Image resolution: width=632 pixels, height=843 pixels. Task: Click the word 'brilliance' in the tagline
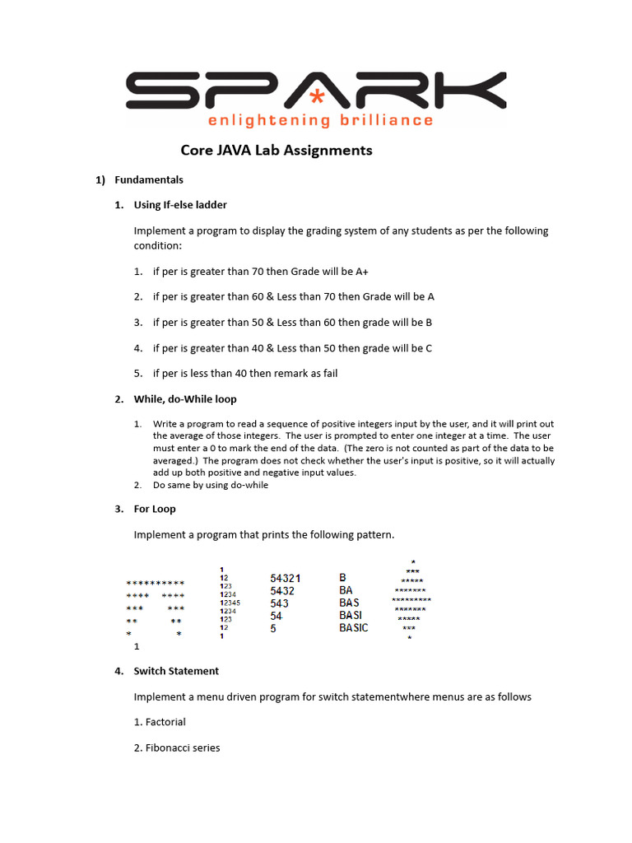tap(386, 120)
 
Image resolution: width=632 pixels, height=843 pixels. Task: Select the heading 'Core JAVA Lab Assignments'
tap(276, 151)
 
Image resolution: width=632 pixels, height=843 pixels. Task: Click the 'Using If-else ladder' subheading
tap(180, 205)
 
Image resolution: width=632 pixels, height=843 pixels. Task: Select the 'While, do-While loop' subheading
tap(185, 399)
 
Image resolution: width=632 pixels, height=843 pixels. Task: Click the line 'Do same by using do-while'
tap(211, 485)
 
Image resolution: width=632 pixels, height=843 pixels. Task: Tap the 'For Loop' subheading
tap(155, 509)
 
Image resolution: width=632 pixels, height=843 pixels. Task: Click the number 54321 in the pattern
tap(286, 578)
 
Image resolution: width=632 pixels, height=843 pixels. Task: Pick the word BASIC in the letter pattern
tap(354, 627)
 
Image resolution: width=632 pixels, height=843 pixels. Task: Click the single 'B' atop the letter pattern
tap(342, 578)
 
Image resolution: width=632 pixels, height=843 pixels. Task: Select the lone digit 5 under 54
tap(273, 628)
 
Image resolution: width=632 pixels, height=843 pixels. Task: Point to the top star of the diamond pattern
tap(412, 561)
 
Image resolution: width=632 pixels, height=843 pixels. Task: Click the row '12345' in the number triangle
tap(230, 603)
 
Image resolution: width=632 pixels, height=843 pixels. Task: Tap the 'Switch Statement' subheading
tap(176, 671)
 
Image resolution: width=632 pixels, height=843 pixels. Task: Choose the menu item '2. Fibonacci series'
tap(177, 748)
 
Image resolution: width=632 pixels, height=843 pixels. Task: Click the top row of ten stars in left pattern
tap(155, 582)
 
